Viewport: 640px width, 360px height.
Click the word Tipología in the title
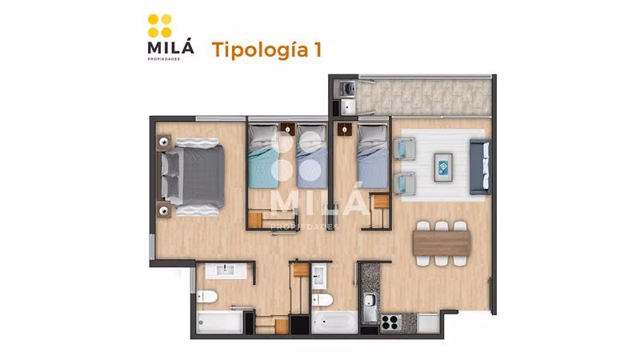(260, 50)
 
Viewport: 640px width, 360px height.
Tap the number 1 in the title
(318, 49)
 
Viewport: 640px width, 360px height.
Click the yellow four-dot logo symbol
(160, 26)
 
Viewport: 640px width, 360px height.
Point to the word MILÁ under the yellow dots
(170, 47)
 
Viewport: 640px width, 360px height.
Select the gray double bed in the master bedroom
(192, 176)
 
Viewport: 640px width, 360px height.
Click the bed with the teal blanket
(263, 156)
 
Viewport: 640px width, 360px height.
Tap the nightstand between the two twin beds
(288, 130)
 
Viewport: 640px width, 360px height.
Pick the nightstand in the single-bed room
(345, 130)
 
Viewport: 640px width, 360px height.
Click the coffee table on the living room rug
(443, 167)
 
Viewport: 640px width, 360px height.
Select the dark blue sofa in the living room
(480, 166)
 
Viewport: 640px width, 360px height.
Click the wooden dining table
(442, 243)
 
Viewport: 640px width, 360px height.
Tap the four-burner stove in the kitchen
(391, 322)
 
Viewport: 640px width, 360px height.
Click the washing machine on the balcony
(347, 88)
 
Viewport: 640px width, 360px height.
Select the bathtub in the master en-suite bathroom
(220, 322)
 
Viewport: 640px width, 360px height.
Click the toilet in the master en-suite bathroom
(207, 296)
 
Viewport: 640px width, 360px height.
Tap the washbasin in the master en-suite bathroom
(226, 270)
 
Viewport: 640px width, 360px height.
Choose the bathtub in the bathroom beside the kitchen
(334, 322)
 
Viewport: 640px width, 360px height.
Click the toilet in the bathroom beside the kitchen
(322, 300)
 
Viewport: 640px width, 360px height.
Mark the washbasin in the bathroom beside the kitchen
(318, 276)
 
